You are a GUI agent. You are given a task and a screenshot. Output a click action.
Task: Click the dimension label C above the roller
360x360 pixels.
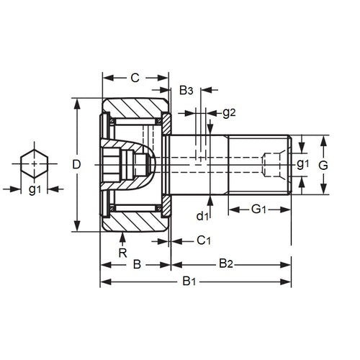[134, 77]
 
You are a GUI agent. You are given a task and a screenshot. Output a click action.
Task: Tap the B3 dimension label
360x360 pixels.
[186, 90]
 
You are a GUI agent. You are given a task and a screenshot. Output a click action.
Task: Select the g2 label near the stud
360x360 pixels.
[230, 112]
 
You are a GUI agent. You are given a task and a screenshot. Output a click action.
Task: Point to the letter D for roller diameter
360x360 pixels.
[76, 164]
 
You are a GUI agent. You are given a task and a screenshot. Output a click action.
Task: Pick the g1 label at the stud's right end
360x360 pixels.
[303, 164]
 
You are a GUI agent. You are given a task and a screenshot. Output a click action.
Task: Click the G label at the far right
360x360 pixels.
[323, 164]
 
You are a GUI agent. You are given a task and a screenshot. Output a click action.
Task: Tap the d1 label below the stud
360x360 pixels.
[203, 214]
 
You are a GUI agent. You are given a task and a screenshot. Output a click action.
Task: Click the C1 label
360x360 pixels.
[204, 240]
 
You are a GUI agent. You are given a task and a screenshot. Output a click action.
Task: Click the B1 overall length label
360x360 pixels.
[190, 282]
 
